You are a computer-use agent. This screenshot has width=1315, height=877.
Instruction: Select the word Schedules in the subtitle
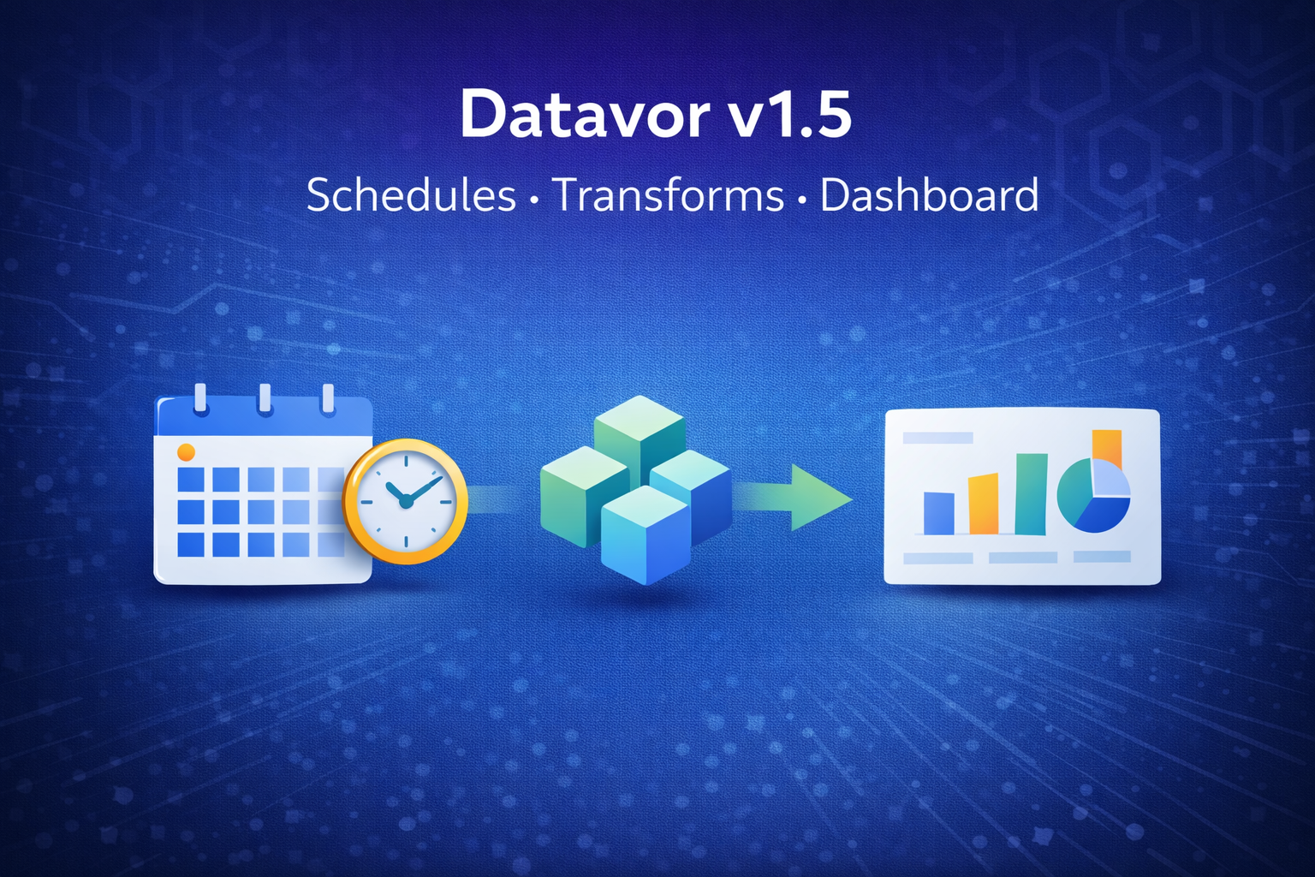coord(411,195)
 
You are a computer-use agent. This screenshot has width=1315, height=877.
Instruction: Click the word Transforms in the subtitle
coord(669,195)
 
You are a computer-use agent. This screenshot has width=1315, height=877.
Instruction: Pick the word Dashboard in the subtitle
coord(929,195)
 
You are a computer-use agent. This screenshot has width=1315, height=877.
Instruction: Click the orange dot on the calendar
coord(186,451)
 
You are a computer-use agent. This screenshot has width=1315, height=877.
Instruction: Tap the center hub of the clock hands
coord(406,501)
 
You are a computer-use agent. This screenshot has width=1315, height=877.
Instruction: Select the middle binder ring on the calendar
coord(265,398)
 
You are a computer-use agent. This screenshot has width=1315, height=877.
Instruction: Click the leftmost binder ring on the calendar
coord(200,398)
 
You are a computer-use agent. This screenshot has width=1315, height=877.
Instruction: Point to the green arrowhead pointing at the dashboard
coord(818,498)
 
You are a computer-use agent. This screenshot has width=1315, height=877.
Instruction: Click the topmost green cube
coord(639,433)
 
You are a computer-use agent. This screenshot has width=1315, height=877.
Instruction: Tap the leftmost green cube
coord(582,497)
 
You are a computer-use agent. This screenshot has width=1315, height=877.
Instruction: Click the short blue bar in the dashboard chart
coord(938,513)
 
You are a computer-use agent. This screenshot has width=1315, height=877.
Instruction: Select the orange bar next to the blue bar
coord(983,504)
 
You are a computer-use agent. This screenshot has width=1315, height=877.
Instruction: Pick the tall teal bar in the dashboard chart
coord(1031,494)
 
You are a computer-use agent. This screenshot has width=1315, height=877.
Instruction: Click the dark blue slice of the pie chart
coord(1104,514)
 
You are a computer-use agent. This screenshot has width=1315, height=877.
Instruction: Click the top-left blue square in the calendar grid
coord(190,479)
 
